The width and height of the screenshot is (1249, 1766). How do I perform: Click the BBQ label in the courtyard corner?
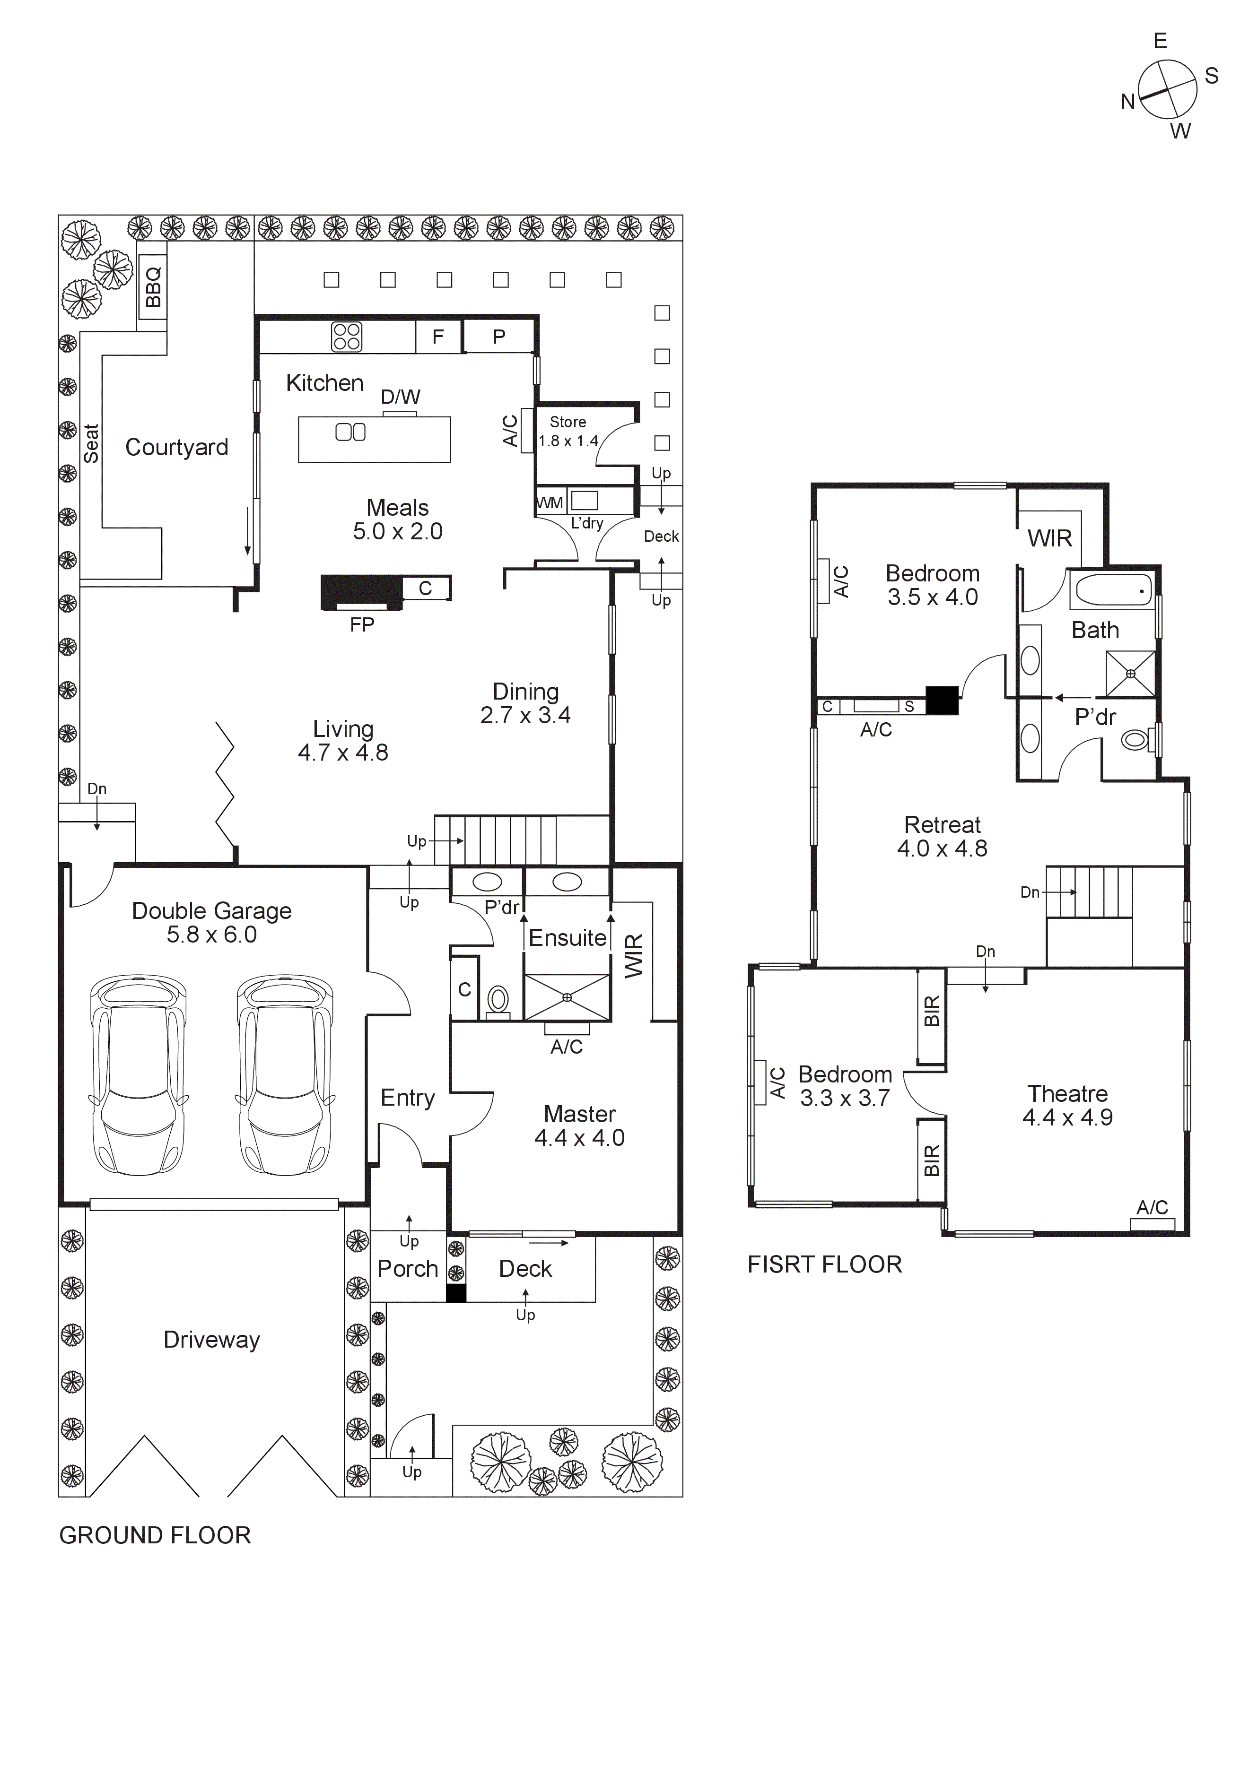[x=153, y=286]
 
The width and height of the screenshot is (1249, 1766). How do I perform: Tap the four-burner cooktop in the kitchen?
[x=346, y=337]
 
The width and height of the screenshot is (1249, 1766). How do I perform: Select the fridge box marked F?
[x=438, y=337]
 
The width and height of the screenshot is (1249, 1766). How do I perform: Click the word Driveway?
[x=211, y=1340]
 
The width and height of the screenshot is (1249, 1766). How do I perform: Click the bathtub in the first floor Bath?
[x=1114, y=591]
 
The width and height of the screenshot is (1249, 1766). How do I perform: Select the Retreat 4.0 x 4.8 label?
[x=942, y=836]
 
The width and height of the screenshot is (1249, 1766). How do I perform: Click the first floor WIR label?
[x=1050, y=538]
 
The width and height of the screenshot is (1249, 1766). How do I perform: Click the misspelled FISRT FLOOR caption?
[x=824, y=1264]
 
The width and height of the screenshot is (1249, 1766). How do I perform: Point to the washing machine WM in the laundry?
[x=550, y=503]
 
